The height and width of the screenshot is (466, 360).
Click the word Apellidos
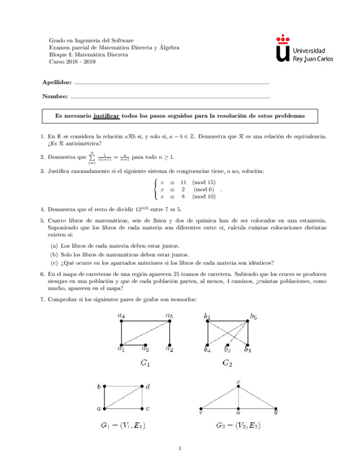[56, 82]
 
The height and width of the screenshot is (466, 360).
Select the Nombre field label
[54, 97]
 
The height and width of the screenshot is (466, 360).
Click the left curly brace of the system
[157, 189]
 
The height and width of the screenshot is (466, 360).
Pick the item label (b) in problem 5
[54, 254]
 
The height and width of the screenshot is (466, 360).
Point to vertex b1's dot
[208, 322]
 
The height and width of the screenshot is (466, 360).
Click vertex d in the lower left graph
[143, 386]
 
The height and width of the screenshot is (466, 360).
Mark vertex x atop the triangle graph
[239, 386]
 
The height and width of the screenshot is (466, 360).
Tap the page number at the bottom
[180, 450]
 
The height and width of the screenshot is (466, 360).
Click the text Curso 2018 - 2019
[72, 62]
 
